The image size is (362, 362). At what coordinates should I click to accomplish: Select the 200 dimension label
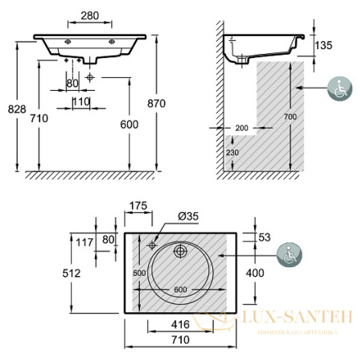(241, 127)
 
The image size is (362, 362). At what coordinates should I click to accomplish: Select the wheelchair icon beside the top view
(287, 256)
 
